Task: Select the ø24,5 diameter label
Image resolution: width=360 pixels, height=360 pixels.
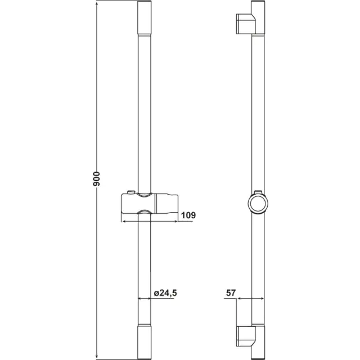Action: coord(165,292)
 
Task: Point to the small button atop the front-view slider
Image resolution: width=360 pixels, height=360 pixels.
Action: coord(130,193)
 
